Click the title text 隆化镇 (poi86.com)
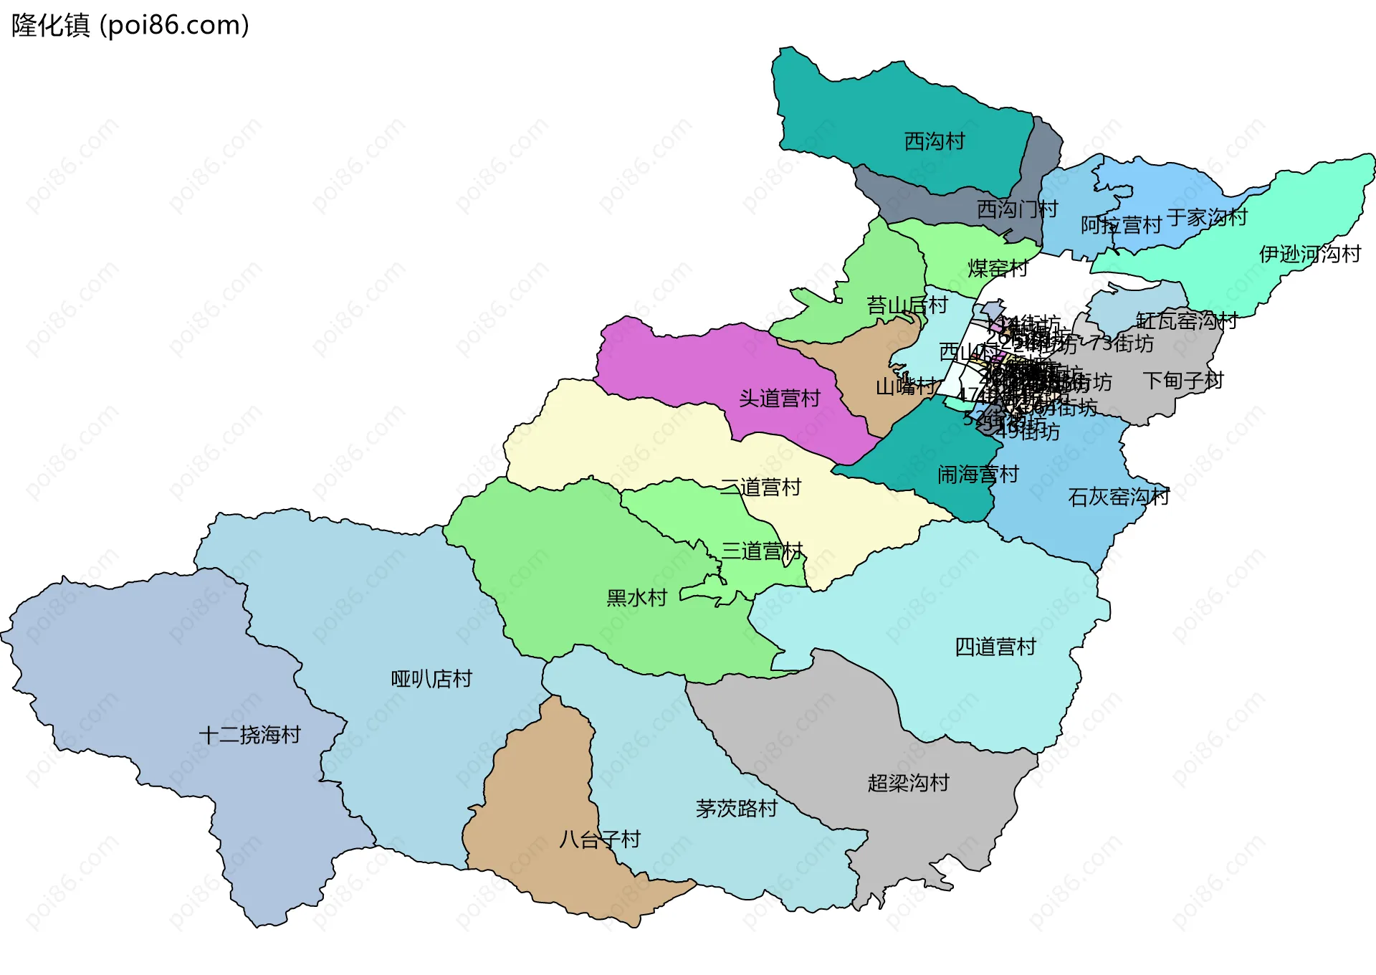pyautogui.click(x=130, y=26)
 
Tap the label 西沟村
pyautogui.click(x=934, y=141)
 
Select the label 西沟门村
pyautogui.click(x=1017, y=209)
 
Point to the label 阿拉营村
pyautogui.click(x=1120, y=225)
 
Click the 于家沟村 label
pyautogui.click(x=1207, y=217)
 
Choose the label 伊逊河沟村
pyautogui.click(x=1309, y=254)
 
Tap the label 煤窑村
pyautogui.click(x=998, y=268)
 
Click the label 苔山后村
pyautogui.click(x=907, y=305)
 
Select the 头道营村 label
pyautogui.click(x=779, y=399)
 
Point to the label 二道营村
pyautogui.click(x=760, y=487)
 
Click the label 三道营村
pyautogui.click(x=762, y=551)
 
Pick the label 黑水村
pyautogui.click(x=636, y=597)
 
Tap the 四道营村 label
pyautogui.click(x=995, y=647)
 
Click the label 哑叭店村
pyautogui.click(x=431, y=678)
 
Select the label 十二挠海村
pyautogui.click(x=249, y=735)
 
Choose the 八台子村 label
pyautogui.click(x=600, y=839)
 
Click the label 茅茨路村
pyautogui.click(x=737, y=809)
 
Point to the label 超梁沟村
pyautogui.click(x=908, y=782)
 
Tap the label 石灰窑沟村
pyautogui.click(x=1118, y=497)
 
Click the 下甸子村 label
pyautogui.click(x=1182, y=380)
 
